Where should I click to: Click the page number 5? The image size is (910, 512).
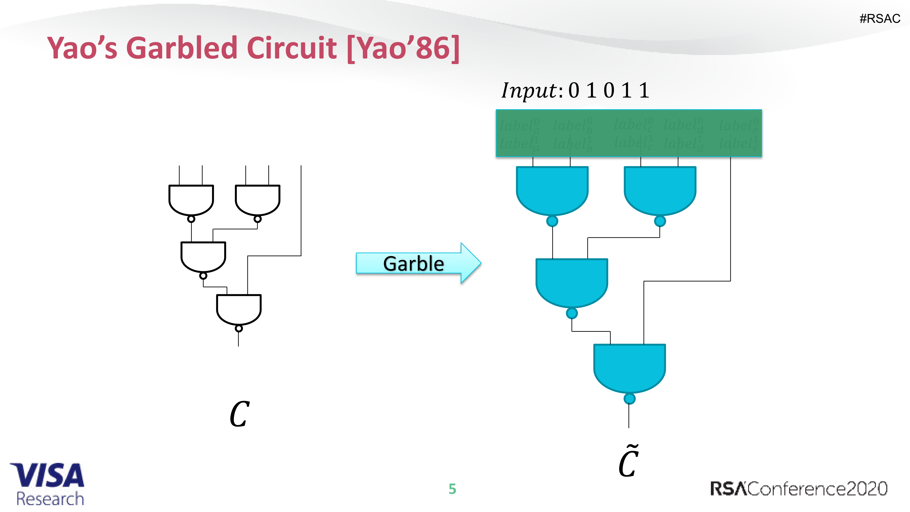point(452,489)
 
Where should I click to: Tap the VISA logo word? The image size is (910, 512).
point(48,475)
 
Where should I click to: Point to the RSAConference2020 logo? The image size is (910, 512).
point(798,489)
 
